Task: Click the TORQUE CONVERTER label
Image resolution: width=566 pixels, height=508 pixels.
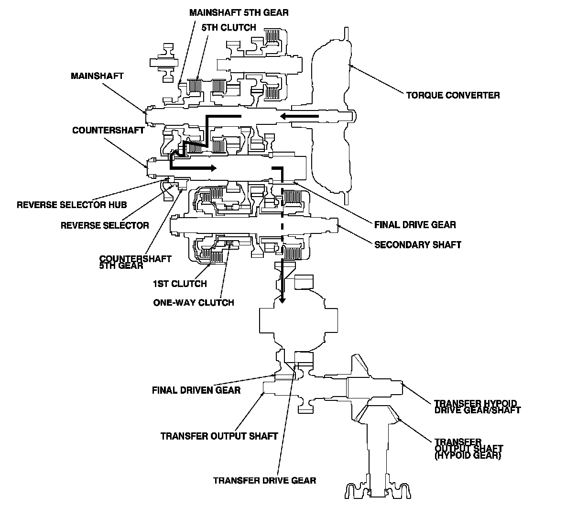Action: coord(453,95)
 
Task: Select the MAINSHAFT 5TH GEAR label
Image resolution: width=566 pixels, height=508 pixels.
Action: coord(239,12)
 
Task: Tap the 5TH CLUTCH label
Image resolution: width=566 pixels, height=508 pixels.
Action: coord(229,27)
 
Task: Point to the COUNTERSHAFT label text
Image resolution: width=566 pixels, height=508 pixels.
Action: coord(109,130)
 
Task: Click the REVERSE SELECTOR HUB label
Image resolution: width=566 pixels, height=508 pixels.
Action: coord(72,205)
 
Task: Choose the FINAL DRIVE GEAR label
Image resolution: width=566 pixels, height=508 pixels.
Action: coord(415,225)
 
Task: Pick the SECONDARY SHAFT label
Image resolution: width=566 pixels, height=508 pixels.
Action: coord(418,245)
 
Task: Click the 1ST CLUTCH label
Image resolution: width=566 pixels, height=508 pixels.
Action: coord(180,284)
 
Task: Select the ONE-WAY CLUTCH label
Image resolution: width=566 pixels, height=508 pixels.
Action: coord(194,302)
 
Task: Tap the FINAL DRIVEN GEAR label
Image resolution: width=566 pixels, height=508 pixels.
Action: coord(196,390)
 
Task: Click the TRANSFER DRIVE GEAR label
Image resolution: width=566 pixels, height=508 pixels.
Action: coord(264,481)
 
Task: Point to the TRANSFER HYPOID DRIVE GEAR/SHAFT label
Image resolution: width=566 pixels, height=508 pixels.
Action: coord(478,407)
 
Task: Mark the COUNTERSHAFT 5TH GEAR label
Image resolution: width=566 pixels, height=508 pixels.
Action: coord(135,262)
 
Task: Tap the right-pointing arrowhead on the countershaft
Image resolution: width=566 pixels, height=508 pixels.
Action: coord(213,168)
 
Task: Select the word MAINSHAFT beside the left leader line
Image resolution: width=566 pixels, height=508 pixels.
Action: coord(97,76)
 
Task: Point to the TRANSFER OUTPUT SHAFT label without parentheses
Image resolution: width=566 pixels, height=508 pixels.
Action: coord(219,436)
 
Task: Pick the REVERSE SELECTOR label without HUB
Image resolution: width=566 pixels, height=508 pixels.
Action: coord(105,225)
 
